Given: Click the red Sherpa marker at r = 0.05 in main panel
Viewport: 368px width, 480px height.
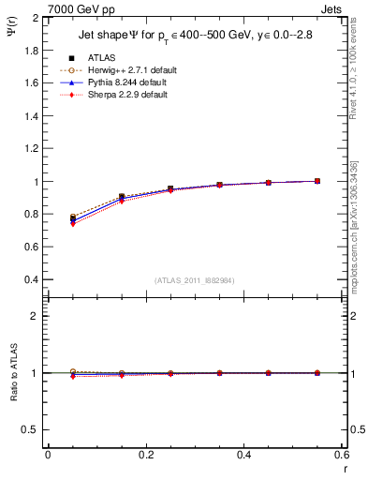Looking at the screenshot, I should (x=73, y=224).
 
